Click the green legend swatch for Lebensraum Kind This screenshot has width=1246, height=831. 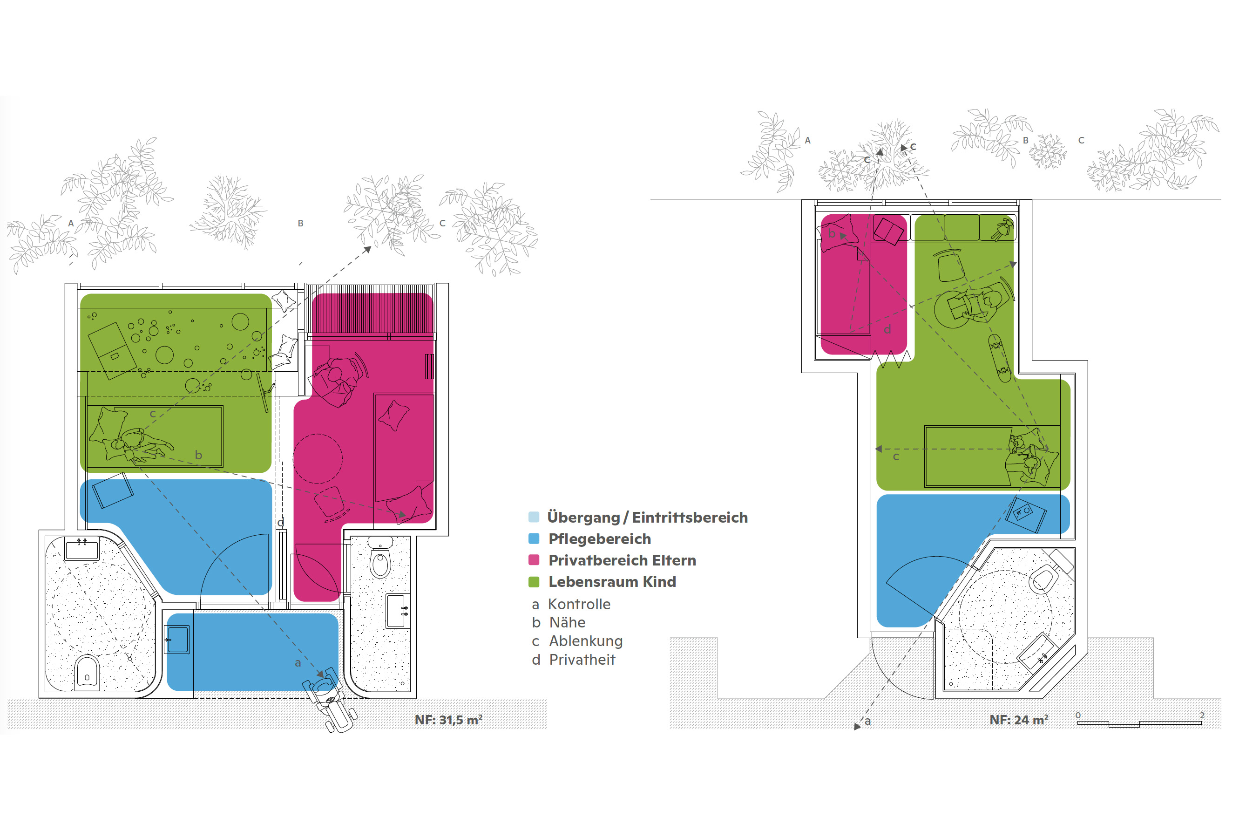tap(534, 582)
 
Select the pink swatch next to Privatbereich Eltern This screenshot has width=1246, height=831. tap(534, 560)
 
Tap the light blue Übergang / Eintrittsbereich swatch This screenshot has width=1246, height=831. tap(534, 517)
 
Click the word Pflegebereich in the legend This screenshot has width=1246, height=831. tap(600, 539)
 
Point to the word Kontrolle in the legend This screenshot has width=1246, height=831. tap(579, 604)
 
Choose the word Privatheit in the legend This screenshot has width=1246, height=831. tap(582, 660)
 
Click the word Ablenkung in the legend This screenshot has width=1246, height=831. tap(586, 641)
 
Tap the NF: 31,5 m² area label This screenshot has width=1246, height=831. tap(449, 720)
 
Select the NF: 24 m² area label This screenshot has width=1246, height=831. tap(1019, 720)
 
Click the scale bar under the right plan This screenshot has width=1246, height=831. tap(1139, 723)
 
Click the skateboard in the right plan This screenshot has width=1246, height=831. tap(999, 358)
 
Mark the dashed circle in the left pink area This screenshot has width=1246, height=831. tap(318, 459)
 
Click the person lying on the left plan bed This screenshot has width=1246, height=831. tap(130, 439)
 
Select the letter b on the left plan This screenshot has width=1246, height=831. tap(199, 455)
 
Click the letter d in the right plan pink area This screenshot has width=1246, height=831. tap(887, 329)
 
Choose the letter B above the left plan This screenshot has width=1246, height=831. tap(300, 223)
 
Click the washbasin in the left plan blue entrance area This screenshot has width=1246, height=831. tap(177, 640)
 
